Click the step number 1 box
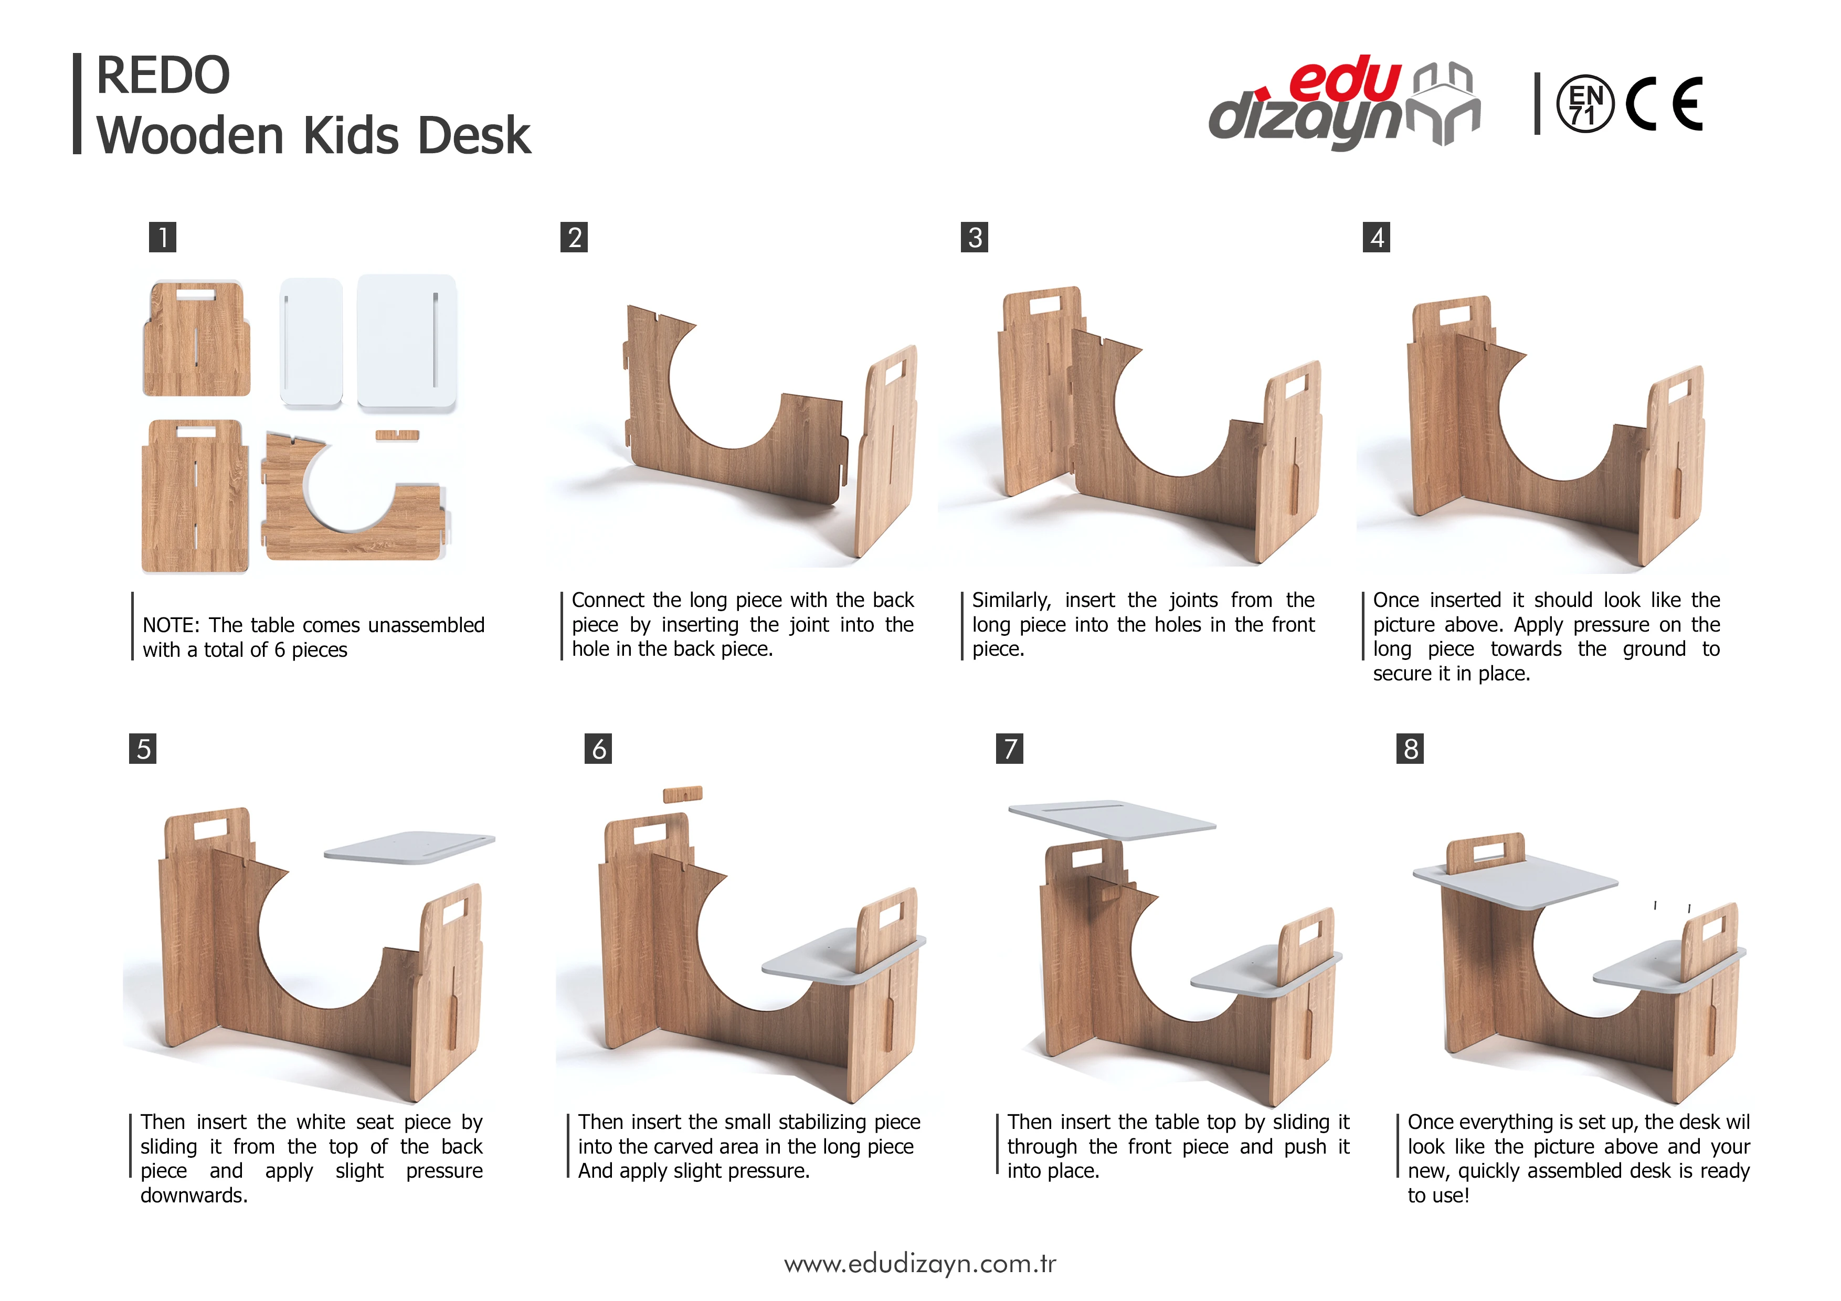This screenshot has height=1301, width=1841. coord(163,237)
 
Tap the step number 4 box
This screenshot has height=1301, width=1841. coord(1376,237)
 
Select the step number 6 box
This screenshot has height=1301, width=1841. coord(598,749)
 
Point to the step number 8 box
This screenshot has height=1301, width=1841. coord(1410,749)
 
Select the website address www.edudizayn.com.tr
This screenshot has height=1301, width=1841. coord(919,1264)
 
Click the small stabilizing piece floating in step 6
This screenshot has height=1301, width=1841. coord(682,794)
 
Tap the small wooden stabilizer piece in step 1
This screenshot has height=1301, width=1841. coord(398,435)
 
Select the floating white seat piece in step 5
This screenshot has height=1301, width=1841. coord(409,847)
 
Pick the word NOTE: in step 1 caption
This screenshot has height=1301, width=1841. coord(171,625)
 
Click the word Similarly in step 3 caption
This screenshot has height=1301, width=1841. coord(1010,600)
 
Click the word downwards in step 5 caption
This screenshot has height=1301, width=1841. coord(194,1195)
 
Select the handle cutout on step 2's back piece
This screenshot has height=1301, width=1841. coord(894,372)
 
